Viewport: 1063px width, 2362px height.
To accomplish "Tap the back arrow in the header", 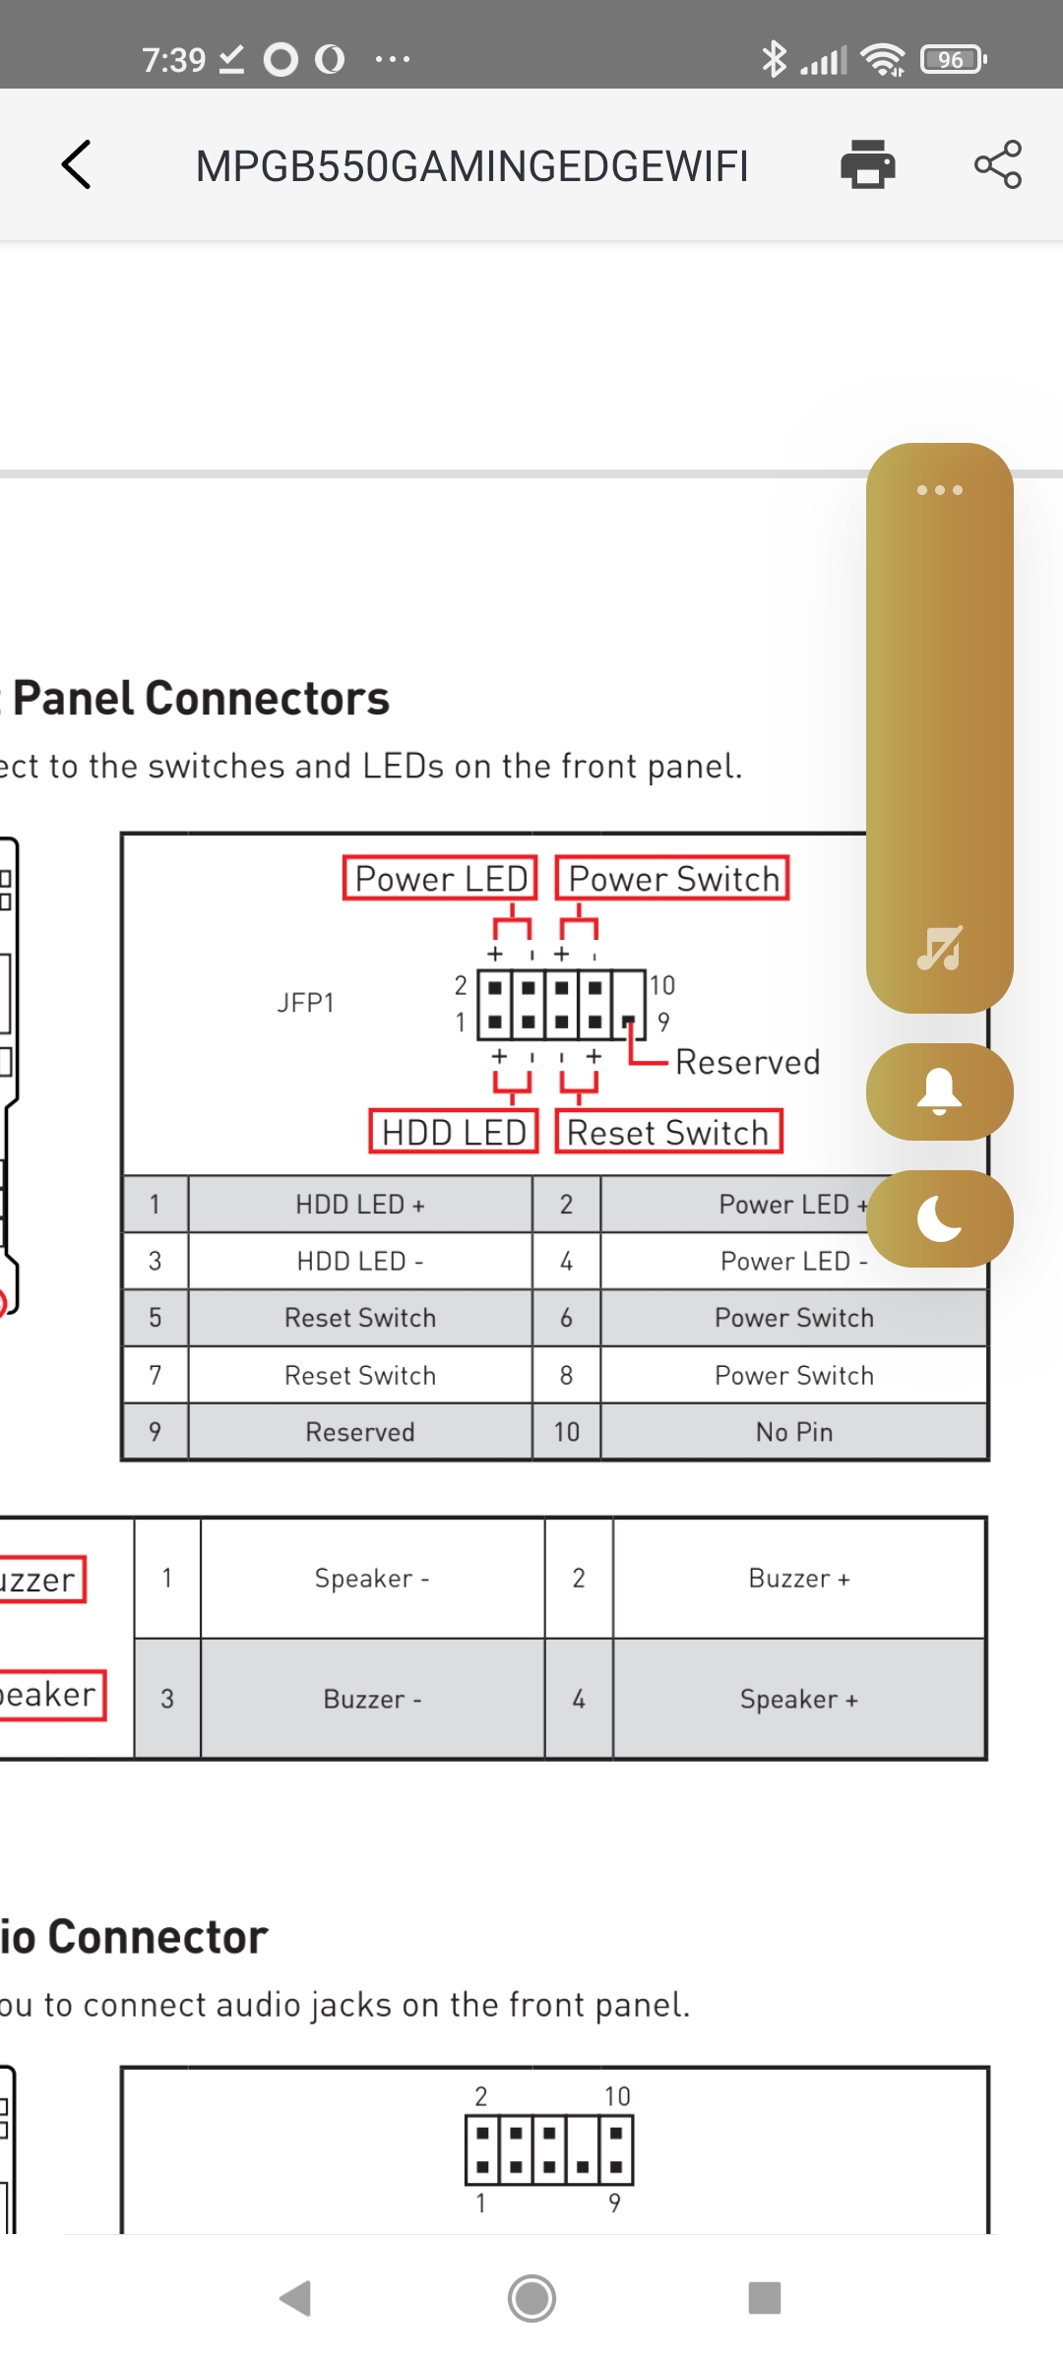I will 77,164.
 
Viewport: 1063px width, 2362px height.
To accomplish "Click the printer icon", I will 867,164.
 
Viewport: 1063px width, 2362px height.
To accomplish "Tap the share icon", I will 997,164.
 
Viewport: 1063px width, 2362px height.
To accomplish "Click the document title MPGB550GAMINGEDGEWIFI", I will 471,166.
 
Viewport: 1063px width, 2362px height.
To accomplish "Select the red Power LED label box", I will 440,878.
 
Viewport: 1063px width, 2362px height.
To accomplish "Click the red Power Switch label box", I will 673,878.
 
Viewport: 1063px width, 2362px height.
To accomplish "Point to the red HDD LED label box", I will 454,1132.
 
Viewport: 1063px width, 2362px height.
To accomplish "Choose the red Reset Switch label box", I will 668,1132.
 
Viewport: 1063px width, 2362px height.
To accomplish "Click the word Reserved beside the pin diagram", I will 747,1062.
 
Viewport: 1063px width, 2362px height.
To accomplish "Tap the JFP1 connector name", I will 305,1003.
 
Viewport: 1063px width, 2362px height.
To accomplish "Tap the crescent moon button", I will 939,1218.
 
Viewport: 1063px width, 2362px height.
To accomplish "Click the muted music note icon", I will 939,948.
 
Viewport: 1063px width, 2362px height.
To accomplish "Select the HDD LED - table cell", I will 360,1261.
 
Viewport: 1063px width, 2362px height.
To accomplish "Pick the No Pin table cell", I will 793,1432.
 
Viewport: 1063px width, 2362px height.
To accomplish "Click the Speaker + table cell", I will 798,1700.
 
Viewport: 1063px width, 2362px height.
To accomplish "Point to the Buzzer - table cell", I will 372,1700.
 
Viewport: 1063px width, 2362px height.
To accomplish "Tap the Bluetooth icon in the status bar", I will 774,59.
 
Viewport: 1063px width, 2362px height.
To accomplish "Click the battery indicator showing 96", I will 952,59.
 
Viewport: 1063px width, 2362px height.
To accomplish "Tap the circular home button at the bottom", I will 531,2298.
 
